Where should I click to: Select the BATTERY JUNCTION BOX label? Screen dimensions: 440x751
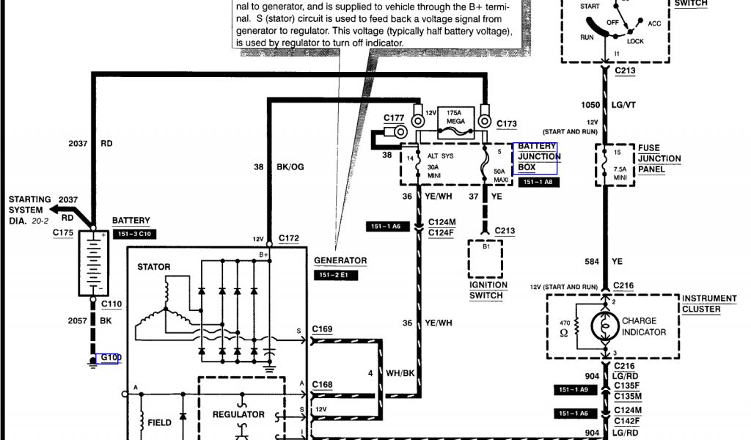pos(537,157)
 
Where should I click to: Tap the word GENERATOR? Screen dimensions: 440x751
pos(340,260)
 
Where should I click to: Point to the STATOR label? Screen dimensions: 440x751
pos(154,267)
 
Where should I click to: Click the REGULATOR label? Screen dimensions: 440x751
pos(238,414)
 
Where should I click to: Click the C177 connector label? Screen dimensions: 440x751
pos(394,118)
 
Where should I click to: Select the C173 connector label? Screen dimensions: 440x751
pos(507,123)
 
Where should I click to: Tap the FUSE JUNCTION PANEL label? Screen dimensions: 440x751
pos(659,158)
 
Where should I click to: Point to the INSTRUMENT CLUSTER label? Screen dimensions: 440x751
pos(708,304)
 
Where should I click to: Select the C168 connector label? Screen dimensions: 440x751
pos(322,384)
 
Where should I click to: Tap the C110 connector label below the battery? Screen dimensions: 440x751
pos(111,304)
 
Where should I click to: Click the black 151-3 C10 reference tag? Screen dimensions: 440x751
pos(133,234)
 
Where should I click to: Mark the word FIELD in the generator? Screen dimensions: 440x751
pos(159,422)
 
